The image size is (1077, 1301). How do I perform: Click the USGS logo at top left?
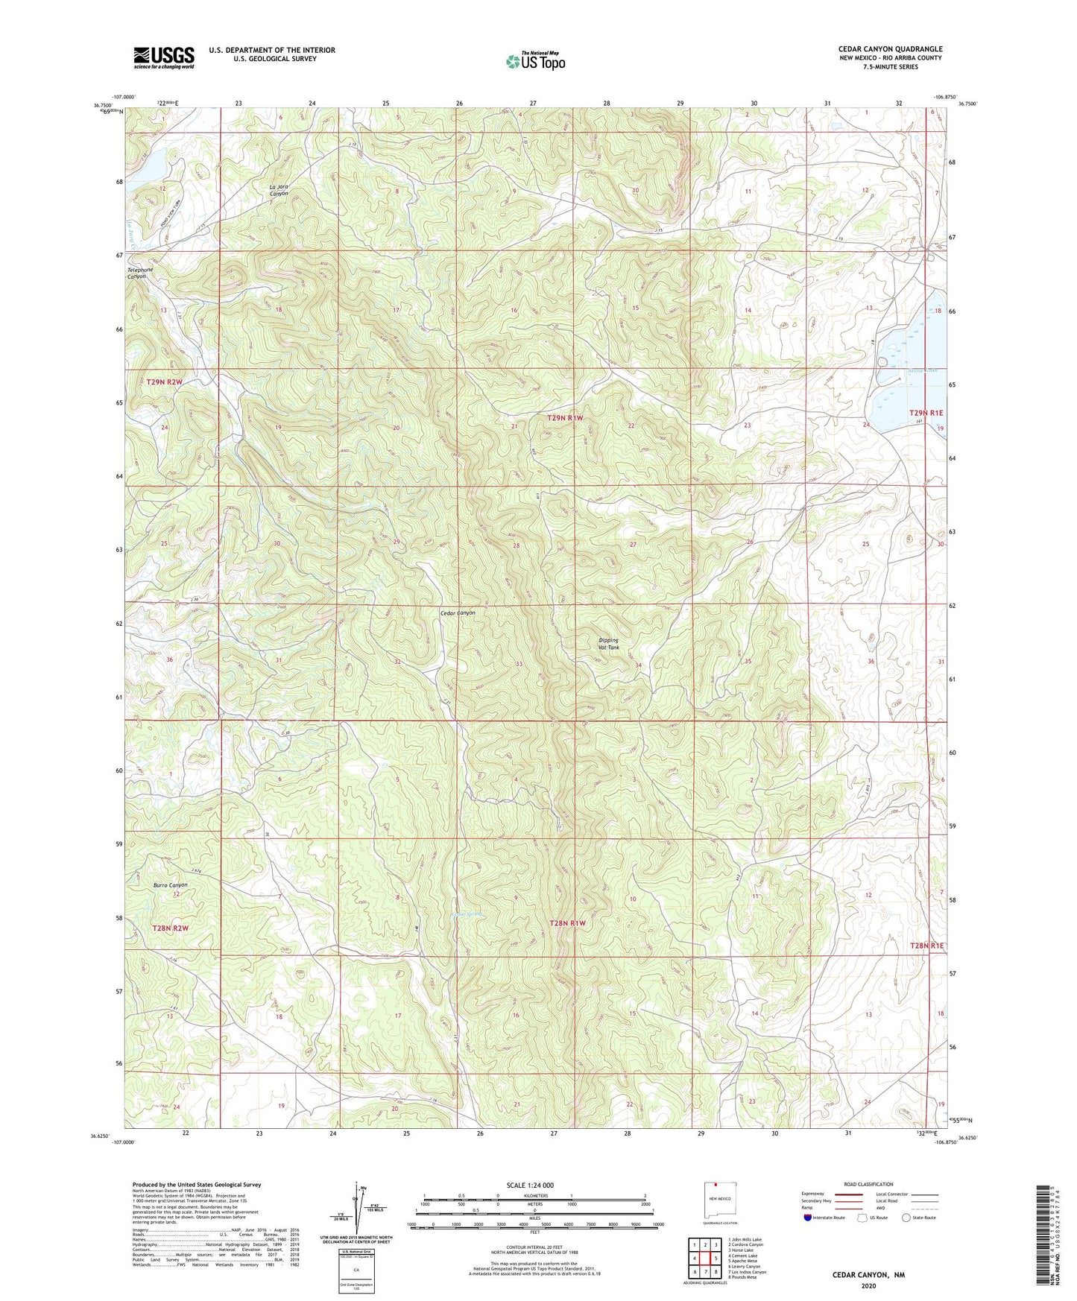pos(163,57)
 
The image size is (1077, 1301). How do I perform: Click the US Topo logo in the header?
pos(534,61)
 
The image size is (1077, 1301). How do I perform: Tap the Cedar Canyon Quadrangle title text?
pos(890,49)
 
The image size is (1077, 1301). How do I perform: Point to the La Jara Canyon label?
pos(279,189)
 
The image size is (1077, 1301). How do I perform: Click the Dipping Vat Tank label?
pos(608,644)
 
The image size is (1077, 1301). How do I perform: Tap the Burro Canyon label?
pos(170,885)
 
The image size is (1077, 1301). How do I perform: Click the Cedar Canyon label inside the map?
pos(457,612)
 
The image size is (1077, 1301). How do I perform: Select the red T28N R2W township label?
pos(171,928)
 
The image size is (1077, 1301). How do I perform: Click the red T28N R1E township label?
pos(926,946)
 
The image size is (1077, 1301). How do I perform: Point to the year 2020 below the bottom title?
pos(868,1285)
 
